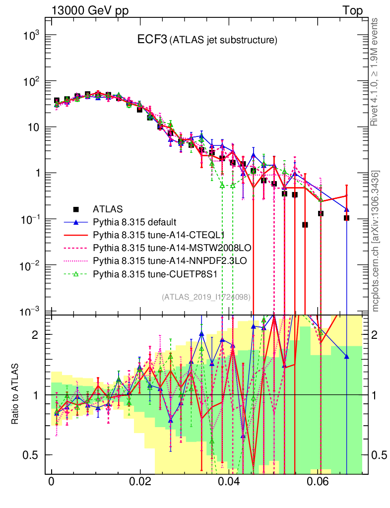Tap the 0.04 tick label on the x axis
pos(229,481)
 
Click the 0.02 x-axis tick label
pos(140,481)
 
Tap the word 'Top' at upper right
pos(352,10)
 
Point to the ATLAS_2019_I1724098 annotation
pos(205,297)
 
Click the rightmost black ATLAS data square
pos(346,218)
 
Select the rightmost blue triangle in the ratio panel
pos(346,356)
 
